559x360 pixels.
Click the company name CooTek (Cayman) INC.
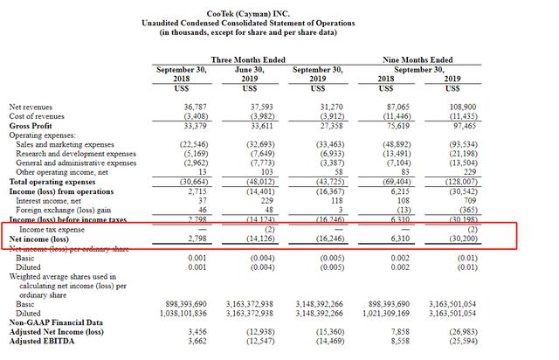tap(279, 9)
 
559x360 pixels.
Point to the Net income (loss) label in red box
tap(40, 238)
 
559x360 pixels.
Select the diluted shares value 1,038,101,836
tap(179, 312)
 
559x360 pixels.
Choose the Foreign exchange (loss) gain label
tap(74, 210)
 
